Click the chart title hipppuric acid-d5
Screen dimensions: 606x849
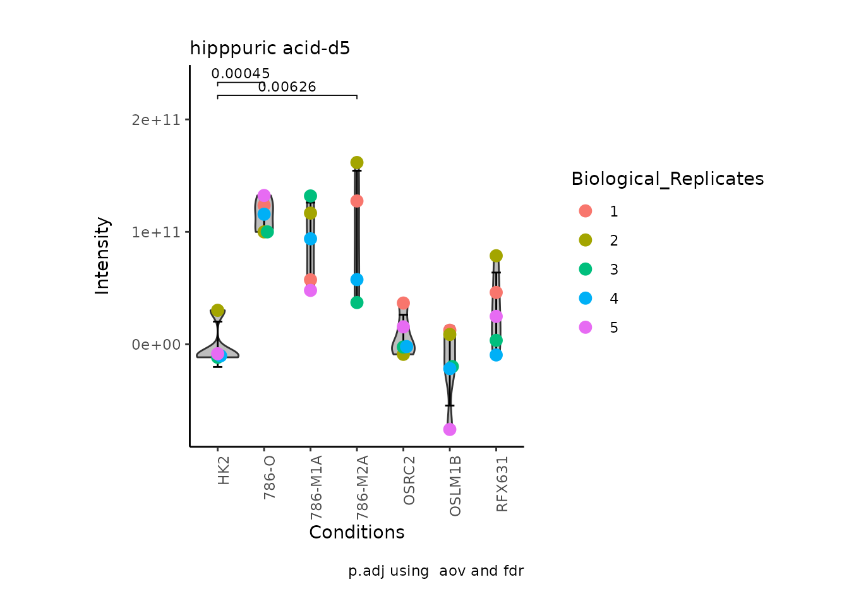pos(270,49)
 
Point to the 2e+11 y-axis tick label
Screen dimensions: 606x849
pos(156,120)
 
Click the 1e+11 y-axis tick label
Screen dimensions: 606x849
pos(156,232)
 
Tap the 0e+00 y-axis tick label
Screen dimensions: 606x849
pos(156,345)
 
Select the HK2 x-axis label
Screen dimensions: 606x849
pos(224,471)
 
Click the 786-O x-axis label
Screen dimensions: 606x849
pos(270,477)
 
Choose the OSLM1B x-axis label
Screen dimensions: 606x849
pos(455,485)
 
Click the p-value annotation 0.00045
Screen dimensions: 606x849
pos(241,74)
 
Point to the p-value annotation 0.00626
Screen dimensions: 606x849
pos(287,87)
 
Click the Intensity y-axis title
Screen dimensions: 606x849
pos(102,256)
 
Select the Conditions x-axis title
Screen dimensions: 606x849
pos(357,533)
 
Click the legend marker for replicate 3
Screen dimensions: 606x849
pos(586,270)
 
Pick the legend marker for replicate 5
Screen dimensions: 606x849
pos(586,328)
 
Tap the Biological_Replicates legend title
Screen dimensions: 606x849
pos(667,179)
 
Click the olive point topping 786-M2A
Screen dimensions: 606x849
pos(357,163)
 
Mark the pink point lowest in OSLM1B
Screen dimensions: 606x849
pos(450,429)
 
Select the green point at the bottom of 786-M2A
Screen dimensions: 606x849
pos(357,302)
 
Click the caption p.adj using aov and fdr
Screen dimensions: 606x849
pos(436,571)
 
